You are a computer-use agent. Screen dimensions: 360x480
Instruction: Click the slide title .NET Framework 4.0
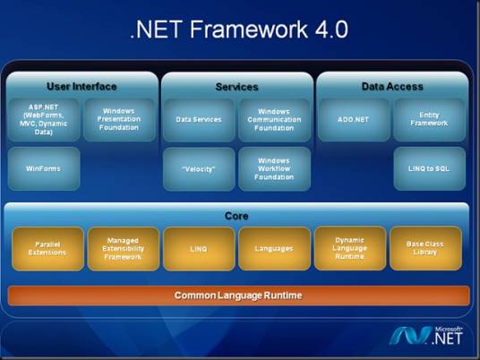pyautogui.click(x=239, y=30)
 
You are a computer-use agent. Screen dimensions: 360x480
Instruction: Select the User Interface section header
pyautogui.click(x=81, y=87)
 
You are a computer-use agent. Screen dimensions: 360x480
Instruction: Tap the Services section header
pyautogui.click(x=237, y=87)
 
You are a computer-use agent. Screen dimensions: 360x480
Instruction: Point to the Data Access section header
pyautogui.click(x=391, y=87)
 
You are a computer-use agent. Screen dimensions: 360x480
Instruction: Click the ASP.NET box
pyautogui.click(x=44, y=119)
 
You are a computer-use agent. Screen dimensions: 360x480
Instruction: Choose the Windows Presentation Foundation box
pyautogui.click(x=119, y=119)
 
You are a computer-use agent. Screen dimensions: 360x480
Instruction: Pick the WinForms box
pyautogui.click(x=44, y=168)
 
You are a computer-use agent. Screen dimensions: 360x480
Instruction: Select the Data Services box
pyautogui.click(x=198, y=119)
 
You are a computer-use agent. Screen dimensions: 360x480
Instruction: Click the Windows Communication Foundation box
pyautogui.click(x=274, y=119)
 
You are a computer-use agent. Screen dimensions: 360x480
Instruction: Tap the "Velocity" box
pyautogui.click(x=198, y=168)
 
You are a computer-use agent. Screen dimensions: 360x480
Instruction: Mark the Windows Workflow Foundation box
pyautogui.click(x=274, y=168)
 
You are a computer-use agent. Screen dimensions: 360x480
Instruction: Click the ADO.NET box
pyautogui.click(x=353, y=119)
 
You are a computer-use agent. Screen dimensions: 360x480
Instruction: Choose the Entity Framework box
pyautogui.click(x=429, y=119)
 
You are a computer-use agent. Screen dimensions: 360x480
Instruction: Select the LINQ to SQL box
pyautogui.click(x=429, y=168)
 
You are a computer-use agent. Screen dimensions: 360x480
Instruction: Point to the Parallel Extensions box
pyautogui.click(x=47, y=248)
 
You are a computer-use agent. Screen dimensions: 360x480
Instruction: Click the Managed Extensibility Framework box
pyautogui.click(x=123, y=248)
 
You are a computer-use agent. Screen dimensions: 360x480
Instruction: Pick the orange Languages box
pyautogui.click(x=274, y=248)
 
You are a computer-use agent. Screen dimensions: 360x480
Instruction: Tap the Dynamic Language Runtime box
pyautogui.click(x=349, y=248)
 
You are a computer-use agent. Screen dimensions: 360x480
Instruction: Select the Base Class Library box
pyautogui.click(x=425, y=248)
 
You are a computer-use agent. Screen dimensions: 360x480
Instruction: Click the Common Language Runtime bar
pyautogui.click(x=238, y=296)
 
